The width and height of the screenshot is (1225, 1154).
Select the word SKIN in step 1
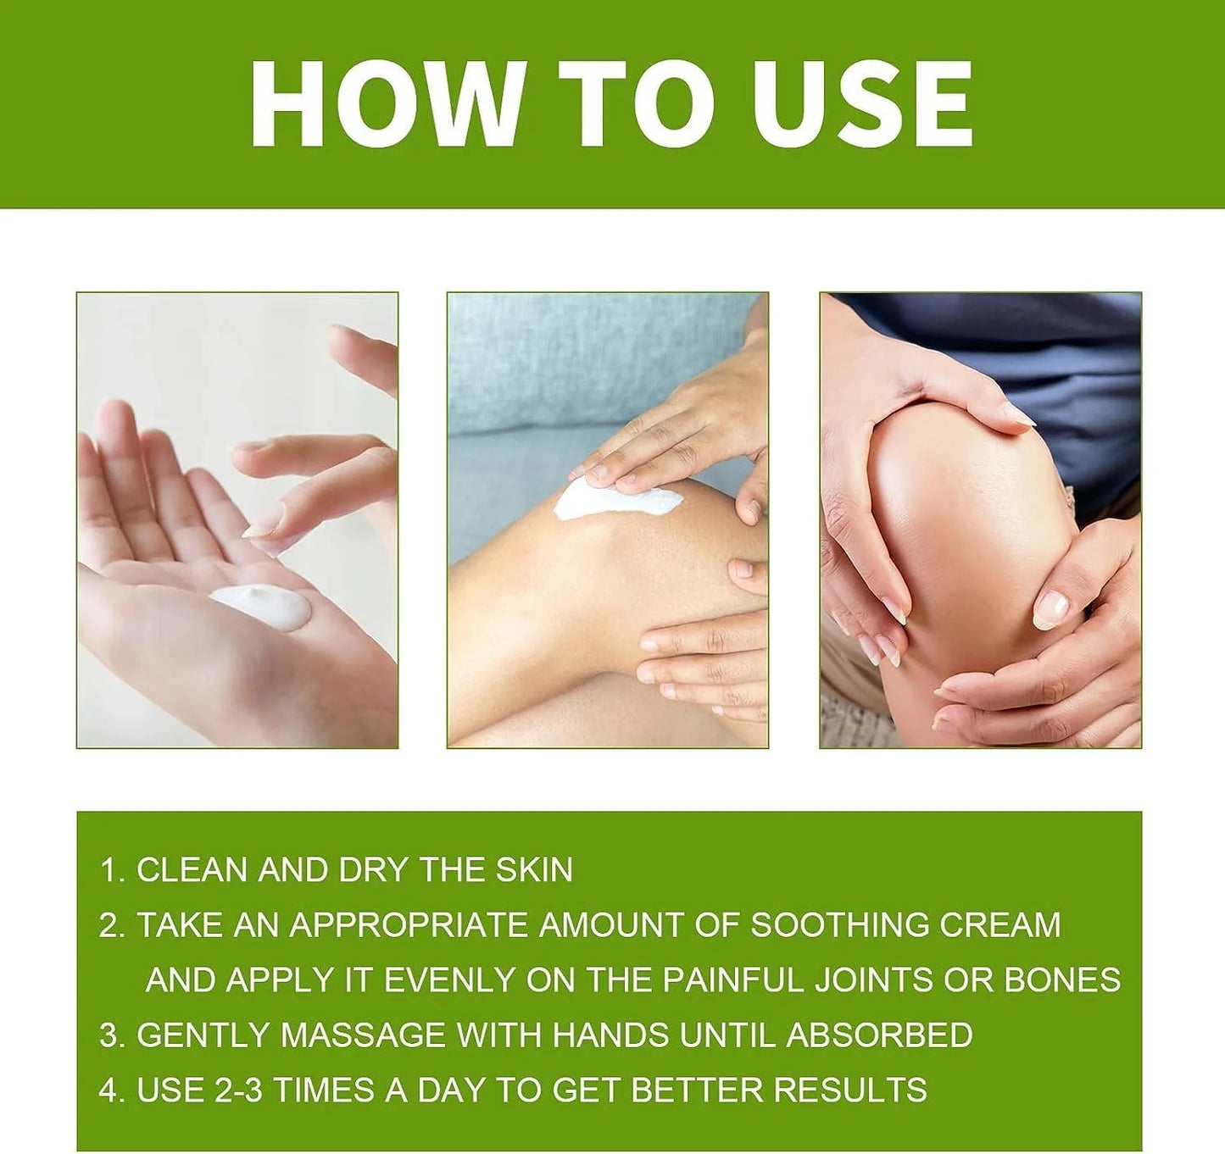point(534,870)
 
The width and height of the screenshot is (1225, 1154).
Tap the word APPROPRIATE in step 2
point(409,924)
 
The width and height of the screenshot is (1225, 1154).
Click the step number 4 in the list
point(108,1090)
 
